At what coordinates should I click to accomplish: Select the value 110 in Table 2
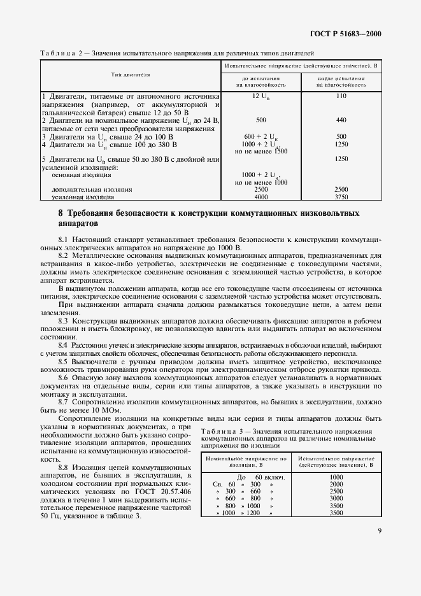pyautogui.click(x=341, y=95)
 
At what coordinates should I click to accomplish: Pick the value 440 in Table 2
pyautogui.click(x=341, y=119)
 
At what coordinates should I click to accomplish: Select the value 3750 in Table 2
pyautogui.click(x=341, y=197)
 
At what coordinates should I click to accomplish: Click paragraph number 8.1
pyautogui.click(x=62, y=238)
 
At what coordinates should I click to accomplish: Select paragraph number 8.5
pyautogui.click(x=62, y=361)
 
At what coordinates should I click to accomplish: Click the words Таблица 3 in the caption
pyautogui.click(x=221, y=430)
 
